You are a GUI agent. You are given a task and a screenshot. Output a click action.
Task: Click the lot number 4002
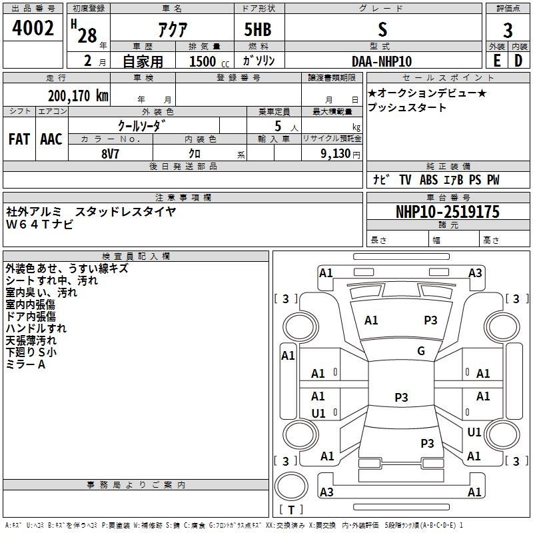click(x=33, y=28)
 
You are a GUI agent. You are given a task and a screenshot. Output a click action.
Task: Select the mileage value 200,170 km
click(x=78, y=96)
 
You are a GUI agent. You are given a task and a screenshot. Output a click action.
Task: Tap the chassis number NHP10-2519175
click(x=448, y=212)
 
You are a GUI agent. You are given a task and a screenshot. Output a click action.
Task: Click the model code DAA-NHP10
click(x=382, y=61)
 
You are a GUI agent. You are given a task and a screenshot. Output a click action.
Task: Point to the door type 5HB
click(x=258, y=29)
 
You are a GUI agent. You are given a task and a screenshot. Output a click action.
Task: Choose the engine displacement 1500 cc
click(x=209, y=61)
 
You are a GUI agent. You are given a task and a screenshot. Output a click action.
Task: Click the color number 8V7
click(x=110, y=154)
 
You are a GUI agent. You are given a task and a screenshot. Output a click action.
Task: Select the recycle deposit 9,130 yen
click(x=340, y=154)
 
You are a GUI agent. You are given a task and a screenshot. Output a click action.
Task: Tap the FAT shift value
click(x=19, y=139)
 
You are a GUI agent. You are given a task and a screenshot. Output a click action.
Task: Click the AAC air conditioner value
click(x=51, y=139)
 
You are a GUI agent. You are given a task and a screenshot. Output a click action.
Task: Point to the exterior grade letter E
click(x=497, y=61)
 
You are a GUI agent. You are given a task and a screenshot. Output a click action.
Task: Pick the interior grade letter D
click(x=518, y=61)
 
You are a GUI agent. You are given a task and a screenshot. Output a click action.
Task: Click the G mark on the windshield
click(x=421, y=351)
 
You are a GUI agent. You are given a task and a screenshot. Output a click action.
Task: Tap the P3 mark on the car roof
click(x=401, y=397)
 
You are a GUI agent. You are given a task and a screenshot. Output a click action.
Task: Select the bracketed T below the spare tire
click(x=291, y=510)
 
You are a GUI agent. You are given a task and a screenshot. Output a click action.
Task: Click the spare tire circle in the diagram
click(x=291, y=486)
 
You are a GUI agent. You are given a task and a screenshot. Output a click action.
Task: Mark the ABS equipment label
click(x=428, y=180)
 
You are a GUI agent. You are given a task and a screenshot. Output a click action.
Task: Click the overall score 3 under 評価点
click(x=508, y=31)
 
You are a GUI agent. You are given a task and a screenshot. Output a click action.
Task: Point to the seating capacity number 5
click(x=278, y=126)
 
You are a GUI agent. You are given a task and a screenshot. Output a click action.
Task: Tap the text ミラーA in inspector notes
click(x=25, y=364)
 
